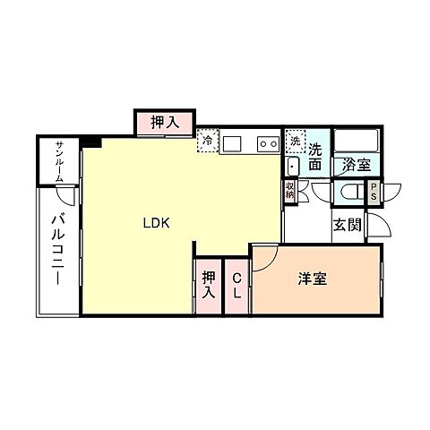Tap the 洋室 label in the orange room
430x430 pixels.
[x=312, y=279]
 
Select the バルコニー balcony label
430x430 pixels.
[x=56, y=248]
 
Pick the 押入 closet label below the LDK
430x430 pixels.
[x=208, y=285]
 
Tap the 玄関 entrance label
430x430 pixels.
[x=348, y=225]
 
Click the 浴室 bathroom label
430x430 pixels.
[x=357, y=166]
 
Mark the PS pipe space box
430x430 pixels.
[x=374, y=193]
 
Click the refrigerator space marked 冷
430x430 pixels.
[x=207, y=141]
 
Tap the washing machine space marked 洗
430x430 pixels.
[x=295, y=141]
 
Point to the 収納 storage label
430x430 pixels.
[x=290, y=190]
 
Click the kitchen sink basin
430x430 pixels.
[x=232, y=142]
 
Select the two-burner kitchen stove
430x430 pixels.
[x=267, y=142]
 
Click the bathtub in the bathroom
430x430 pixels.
[x=357, y=142]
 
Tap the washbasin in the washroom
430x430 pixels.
[x=294, y=167]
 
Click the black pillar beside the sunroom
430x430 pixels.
[x=91, y=142]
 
